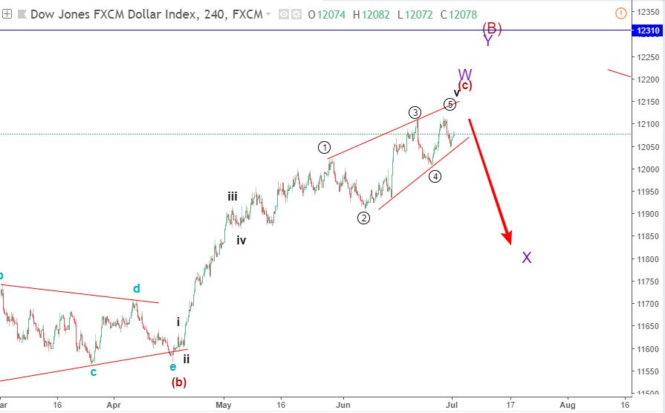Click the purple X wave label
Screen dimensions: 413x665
tap(527, 258)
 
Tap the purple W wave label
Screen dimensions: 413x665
tap(465, 75)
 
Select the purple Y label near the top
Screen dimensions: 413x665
tap(488, 42)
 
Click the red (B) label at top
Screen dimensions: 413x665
tap(492, 28)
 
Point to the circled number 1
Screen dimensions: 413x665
tap(325, 147)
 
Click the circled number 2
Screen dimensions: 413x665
tap(363, 218)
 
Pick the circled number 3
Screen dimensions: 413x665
tap(415, 112)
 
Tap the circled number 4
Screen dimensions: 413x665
tap(435, 176)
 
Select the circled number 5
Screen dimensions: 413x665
tap(450, 104)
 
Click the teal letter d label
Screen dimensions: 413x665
tap(137, 288)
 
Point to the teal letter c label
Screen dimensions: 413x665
tap(94, 371)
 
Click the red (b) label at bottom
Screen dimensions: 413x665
tap(179, 383)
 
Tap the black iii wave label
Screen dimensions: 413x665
tap(233, 196)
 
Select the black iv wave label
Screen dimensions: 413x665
tap(241, 240)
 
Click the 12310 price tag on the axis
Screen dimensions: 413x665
tap(645, 30)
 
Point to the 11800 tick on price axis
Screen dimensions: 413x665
tap(645, 259)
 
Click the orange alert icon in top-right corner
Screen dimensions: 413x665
tap(621, 13)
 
